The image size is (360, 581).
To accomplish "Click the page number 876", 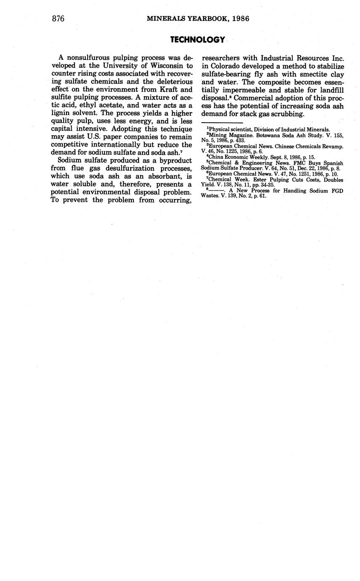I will [58, 19].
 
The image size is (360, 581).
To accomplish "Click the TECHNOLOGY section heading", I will [197, 40].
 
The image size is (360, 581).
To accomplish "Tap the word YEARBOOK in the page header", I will [205, 19].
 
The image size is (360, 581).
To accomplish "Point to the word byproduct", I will [173, 161].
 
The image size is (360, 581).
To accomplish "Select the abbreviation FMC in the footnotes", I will [299, 163].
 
